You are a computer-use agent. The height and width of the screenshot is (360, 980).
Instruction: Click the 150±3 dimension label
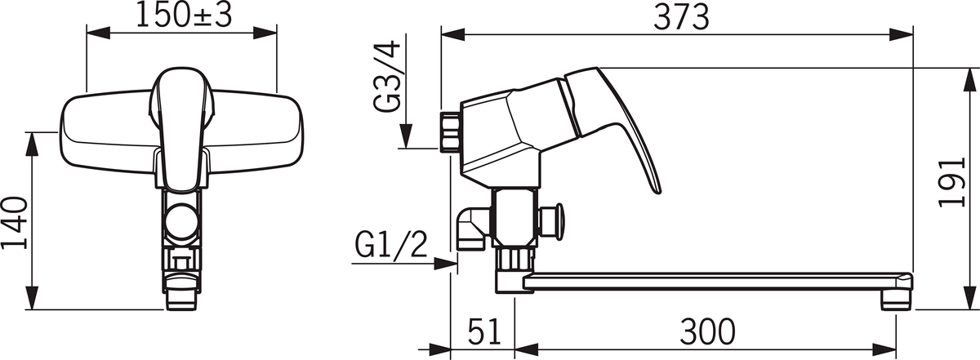[x=184, y=16]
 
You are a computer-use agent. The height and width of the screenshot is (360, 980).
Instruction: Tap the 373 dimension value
[x=681, y=17]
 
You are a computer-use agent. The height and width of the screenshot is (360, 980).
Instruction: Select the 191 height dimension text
[x=951, y=182]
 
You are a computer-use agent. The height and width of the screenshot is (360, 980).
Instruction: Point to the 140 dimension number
[x=15, y=223]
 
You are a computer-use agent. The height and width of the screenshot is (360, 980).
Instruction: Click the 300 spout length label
[x=707, y=331]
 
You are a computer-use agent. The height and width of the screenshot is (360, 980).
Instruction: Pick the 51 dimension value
[x=484, y=331]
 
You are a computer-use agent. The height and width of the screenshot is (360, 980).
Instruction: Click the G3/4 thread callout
[x=388, y=76]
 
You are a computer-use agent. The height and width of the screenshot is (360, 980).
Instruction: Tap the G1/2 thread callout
[x=390, y=245]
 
